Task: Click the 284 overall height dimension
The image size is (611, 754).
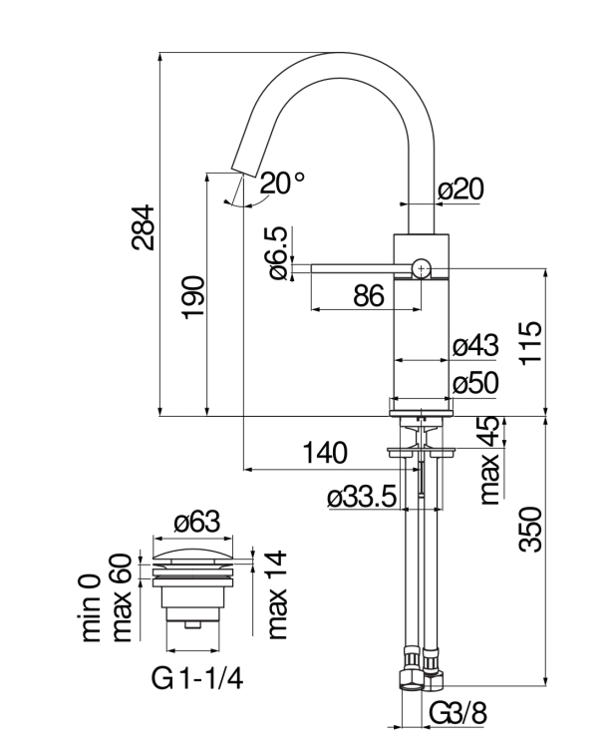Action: [145, 228]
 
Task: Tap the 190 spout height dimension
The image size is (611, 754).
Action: [193, 297]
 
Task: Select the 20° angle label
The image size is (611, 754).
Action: [283, 183]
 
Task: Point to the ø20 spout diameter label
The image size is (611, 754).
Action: [461, 189]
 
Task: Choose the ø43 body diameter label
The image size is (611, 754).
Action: [474, 346]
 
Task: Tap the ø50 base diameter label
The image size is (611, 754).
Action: [474, 383]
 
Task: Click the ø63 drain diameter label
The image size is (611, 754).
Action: [196, 522]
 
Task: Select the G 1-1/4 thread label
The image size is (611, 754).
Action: [197, 681]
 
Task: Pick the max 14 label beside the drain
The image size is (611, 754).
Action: [276, 593]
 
